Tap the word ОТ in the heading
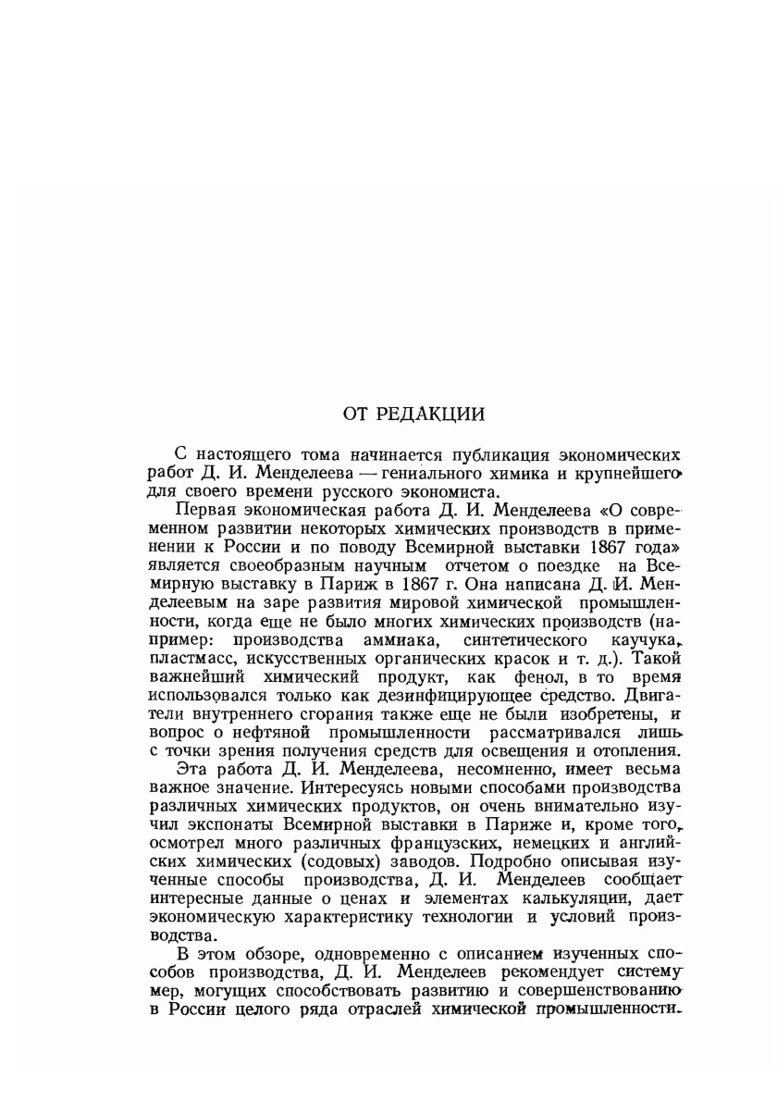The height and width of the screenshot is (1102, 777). tap(359, 415)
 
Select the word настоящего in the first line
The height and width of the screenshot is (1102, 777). tap(235, 454)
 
